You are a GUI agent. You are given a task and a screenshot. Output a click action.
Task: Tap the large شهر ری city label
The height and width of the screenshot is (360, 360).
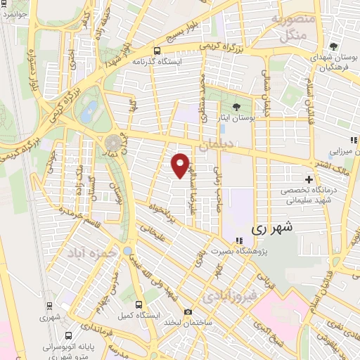(x=269, y=229)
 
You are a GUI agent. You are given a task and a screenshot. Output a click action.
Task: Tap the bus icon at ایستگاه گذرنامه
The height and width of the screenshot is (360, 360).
(x=156, y=51)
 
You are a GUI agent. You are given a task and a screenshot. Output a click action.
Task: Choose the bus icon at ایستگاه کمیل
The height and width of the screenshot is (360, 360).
(x=139, y=305)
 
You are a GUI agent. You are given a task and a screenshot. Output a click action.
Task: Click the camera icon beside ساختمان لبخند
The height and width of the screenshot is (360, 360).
(x=188, y=311)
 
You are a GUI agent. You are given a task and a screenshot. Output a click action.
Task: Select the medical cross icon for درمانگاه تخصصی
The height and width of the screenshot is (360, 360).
(x=308, y=179)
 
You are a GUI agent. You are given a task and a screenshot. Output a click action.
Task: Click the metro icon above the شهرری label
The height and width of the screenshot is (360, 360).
(x=49, y=305)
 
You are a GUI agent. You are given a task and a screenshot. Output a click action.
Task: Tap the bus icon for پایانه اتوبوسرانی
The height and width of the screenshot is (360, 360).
(x=66, y=335)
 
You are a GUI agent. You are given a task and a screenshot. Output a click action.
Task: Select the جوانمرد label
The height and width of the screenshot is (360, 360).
(x=13, y=13)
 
